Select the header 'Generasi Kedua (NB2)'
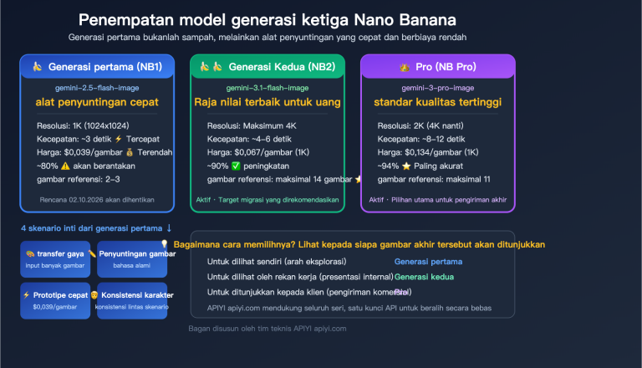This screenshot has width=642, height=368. [267, 67]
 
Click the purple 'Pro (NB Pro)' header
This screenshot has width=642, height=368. [437, 67]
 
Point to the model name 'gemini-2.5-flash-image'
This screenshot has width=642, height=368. [97, 88]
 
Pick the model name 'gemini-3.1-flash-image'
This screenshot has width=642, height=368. [267, 88]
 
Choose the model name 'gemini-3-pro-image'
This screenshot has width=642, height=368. [437, 88]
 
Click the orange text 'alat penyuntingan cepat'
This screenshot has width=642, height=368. [97, 102]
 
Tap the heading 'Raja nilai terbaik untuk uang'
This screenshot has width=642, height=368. [267, 102]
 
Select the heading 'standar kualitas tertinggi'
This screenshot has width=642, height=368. [437, 102]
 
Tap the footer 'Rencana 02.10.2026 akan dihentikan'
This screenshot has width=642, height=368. [97, 200]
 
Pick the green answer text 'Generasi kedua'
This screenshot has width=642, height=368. [424, 276]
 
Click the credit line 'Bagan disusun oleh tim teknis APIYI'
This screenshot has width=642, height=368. [267, 328]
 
